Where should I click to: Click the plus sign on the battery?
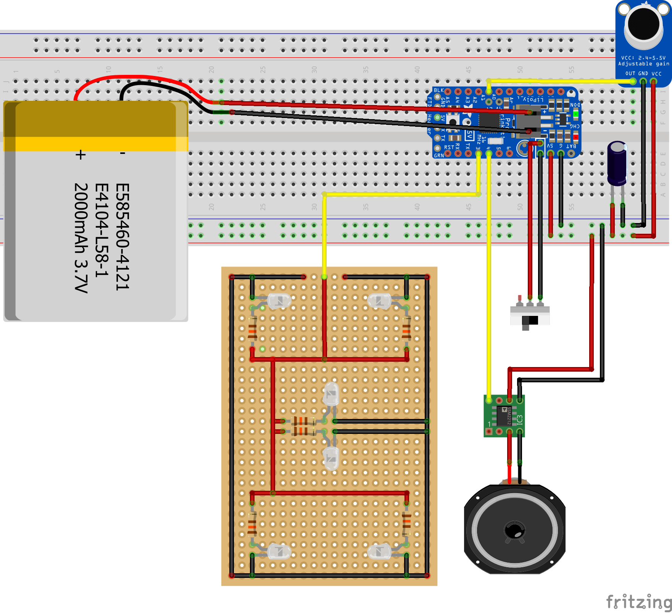[x=80, y=155]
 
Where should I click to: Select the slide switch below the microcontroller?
[x=530, y=315]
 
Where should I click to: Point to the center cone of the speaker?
[x=514, y=531]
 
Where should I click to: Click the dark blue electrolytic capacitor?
[x=617, y=162]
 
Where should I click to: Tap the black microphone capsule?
[x=643, y=24]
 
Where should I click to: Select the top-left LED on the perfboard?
[x=279, y=301]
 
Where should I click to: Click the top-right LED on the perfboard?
[x=379, y=301]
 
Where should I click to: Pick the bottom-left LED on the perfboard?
[x=279, y=552]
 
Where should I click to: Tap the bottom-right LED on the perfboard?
[x=379, y=552]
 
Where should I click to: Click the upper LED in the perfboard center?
[x=331, y=393]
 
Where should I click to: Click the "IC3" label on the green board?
[x=520, y=420]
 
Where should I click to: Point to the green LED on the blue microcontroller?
[x=576, y=114]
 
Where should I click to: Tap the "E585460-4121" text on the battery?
[x=122, y=237]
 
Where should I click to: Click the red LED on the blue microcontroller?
[x=576, y=137]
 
